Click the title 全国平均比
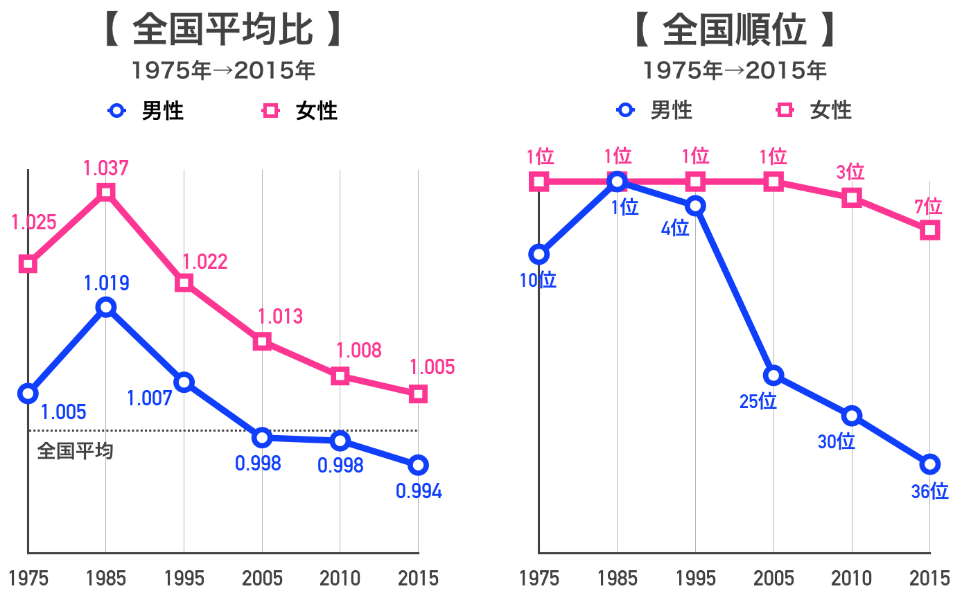pyautogui.click(x=222, y=31)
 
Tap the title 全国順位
pyautogui.click(x=735, y=31)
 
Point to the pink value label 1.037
pyautogui.click(x=106, y=168)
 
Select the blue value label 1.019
pyautogui.click(x=106, y=283)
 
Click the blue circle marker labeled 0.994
pyautogui.click(x=418, y=465)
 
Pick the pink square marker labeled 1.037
pyautogui.click(x=106, y=192)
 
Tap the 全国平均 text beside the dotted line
pyautogui.click(x=75, y=451)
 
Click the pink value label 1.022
pyautogui.click(x=204, y=262)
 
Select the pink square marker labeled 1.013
pyautogui.click(x=262, y=342)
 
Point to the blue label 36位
pyautogui.click(x=929, y=491)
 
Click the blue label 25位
pyautogui.click(x=758, y=401)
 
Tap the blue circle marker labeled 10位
pyautogui.click(x=539, y=254)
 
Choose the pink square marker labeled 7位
pyautogui.click(x=930, y=230)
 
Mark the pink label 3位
pyautogui.click(x=850, y=172)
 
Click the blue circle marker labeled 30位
pyautogui.click(x=852, y=416)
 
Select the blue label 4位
pyautogui.click(x=675, y=227)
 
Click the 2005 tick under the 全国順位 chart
pyautogui.click(x=774, y=578)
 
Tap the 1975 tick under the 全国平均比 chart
pyautogui.click(x=28, y=578)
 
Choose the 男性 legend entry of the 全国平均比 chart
pyautogui.click(x=147, y=110)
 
